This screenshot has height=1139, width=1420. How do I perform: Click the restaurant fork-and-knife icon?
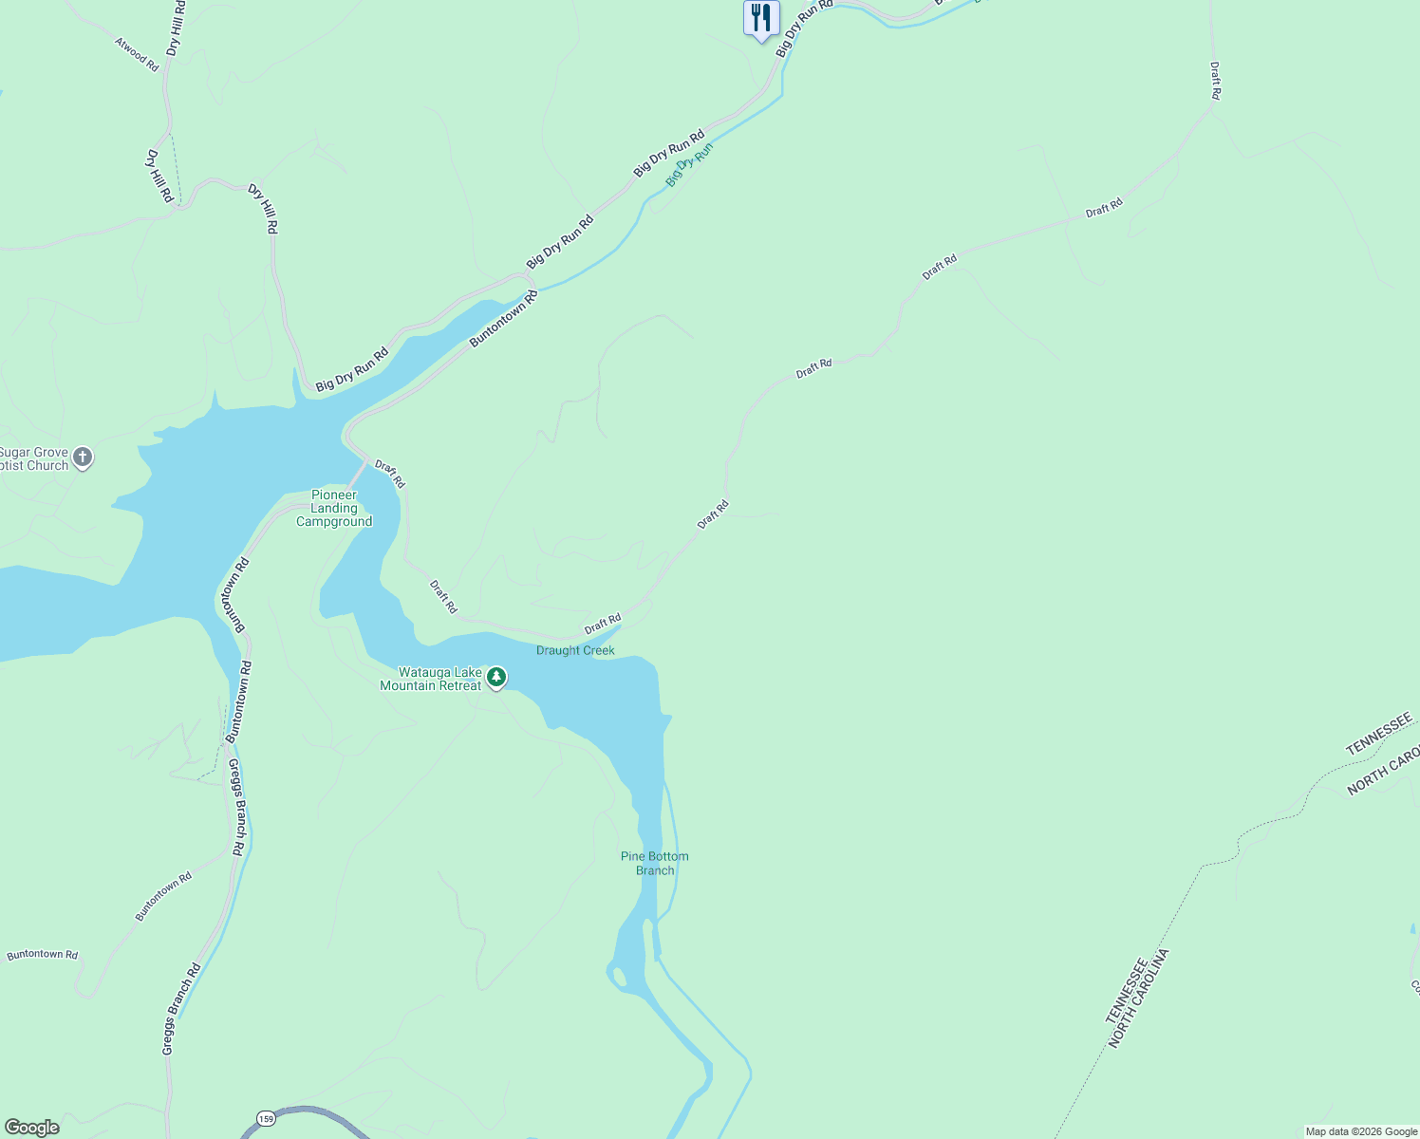coord(760,18)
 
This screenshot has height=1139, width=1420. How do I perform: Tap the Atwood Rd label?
coord(137,54)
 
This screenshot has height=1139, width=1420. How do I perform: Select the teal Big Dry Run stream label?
coord(689,164)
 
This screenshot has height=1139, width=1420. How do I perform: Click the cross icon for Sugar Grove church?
coord(84,458)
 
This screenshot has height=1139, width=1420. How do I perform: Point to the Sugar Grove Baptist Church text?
coord(34,459)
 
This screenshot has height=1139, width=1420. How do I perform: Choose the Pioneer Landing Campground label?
coord(334,509)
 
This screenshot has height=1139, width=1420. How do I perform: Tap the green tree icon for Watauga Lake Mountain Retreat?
coord(496,678)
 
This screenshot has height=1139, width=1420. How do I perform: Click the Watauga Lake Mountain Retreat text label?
coord(432,680)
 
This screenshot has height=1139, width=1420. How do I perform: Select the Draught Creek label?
coord(575,651)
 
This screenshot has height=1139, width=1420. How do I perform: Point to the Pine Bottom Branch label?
coord(655,864)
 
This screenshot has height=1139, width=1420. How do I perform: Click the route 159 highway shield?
coord(267,1118)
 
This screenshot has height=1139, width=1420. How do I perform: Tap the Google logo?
coord(31,1128)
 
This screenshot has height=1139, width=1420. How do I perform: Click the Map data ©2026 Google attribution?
coord(1361,1131)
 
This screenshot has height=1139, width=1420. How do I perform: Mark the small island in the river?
coord(620,976)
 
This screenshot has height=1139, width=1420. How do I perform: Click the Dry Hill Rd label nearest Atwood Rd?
coord(175,28)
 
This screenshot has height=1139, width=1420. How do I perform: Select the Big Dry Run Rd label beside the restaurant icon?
coord(804,28)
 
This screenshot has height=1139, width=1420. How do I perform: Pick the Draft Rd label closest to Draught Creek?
coord(603,625)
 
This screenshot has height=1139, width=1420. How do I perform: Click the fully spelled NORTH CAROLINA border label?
coord(1138,999)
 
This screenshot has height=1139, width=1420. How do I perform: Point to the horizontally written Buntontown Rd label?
coord(43,955)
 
